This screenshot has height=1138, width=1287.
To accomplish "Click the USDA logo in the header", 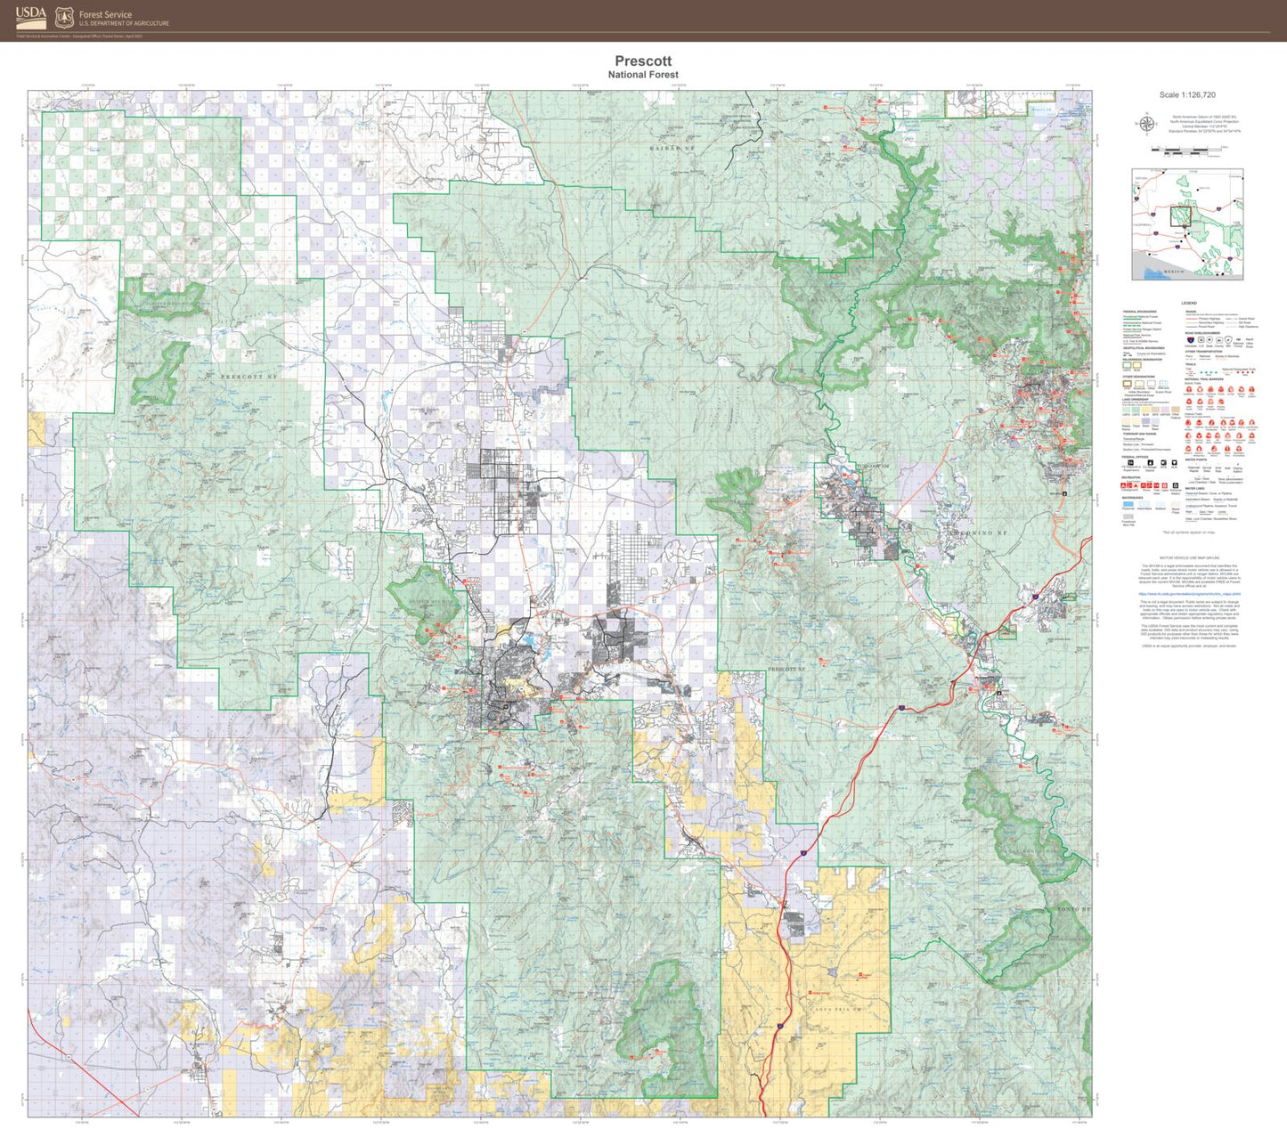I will tap(30, 16).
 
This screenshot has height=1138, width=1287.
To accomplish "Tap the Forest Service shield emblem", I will tap(64, 18).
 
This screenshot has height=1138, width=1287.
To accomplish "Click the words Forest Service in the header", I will tap(105, 14).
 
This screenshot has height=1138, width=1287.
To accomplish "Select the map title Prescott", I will tap(643, 61).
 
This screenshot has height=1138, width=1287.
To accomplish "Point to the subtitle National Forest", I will tap(643, 75).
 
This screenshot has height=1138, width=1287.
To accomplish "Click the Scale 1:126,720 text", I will tap(1187, 94).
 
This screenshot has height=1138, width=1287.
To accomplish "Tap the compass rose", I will tap(1147, 124).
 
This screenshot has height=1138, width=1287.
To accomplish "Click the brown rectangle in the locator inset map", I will tap(1181, 216).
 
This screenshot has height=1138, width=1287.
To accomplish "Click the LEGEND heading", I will tap(1189, 304).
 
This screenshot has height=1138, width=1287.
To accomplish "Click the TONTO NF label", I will tap(1073, 909).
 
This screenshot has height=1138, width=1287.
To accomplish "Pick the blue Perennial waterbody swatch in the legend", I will tap(1128, 503).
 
